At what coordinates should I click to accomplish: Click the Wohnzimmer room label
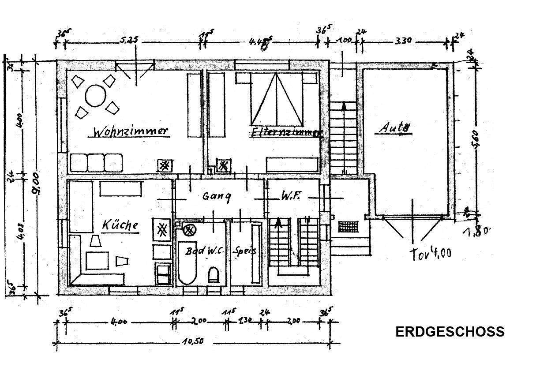(x=131, y=132)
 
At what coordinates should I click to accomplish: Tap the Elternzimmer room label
(x=286, y=132)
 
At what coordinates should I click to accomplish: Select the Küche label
(x=120, y=225)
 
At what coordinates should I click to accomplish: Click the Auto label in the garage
(x=395, y=128)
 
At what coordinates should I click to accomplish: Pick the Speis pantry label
(x=246, y=251)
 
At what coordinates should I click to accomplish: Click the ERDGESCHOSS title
(x=450, y=332)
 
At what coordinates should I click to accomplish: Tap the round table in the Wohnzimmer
(x=96, y=96)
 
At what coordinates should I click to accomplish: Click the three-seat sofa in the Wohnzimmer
(x=96, y=162)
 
